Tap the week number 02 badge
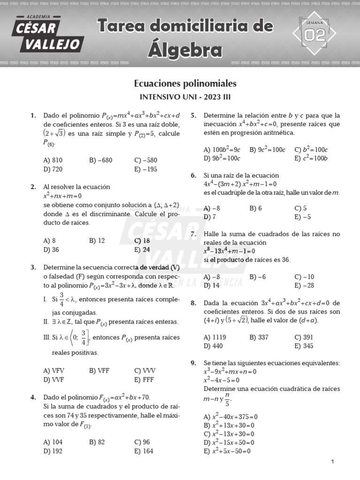point(315,35)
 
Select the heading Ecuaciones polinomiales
point(185,84)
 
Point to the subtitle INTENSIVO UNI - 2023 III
point(185,97)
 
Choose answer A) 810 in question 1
point(52,160)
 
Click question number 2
point(33,187)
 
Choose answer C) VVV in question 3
point(144,370)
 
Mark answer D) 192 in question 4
point(52,450)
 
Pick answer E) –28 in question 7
point(304,285)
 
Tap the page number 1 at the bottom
point(332,462)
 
